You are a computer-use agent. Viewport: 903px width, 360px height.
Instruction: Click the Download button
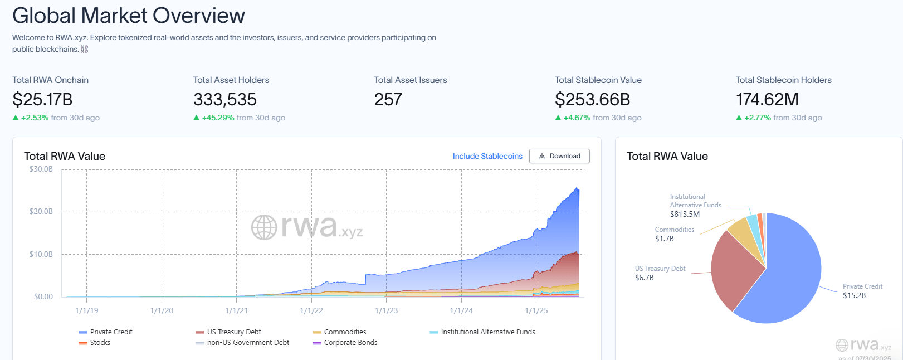559,156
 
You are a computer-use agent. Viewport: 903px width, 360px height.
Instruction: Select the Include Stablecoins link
487,156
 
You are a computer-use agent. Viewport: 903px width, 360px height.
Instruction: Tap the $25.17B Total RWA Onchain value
42,100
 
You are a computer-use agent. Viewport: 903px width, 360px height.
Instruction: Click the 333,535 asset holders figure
225,100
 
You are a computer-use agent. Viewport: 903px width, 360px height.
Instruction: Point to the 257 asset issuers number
388,100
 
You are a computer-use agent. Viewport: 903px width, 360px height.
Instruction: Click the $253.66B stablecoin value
592,100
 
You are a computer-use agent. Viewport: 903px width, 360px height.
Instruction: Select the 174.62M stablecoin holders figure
767,100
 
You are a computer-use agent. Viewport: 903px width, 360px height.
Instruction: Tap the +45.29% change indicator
218,118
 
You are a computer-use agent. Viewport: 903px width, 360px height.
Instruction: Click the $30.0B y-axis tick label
41,169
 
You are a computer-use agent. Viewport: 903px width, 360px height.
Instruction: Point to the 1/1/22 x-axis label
311,310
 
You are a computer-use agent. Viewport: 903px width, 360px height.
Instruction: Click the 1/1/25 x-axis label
536,310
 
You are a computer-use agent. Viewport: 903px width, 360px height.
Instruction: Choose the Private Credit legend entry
111,332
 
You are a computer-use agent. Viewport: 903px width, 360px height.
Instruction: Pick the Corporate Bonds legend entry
350,343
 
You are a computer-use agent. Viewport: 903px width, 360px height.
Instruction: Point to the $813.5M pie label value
685,214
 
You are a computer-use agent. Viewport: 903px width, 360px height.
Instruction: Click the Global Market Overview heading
129,16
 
